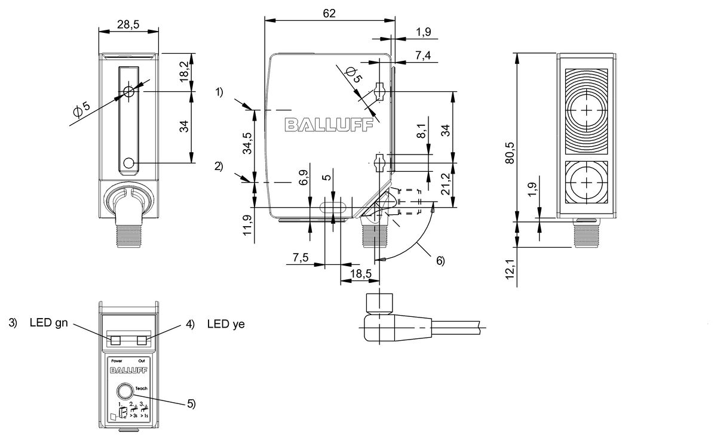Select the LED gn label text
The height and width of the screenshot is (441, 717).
point(50,324)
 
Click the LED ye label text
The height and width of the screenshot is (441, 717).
point(226,324)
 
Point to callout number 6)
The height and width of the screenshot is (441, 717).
point(440,260)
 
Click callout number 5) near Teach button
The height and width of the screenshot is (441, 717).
point(191,403)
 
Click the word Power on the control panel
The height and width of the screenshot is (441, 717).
point(117,360)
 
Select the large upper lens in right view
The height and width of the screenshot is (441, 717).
point(587,111)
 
